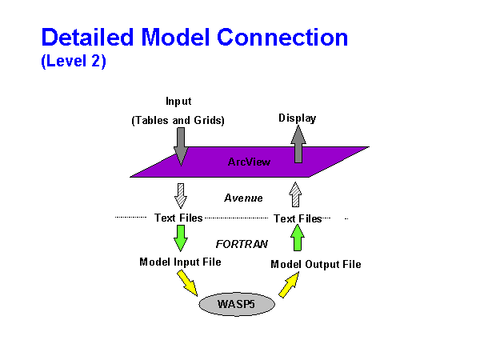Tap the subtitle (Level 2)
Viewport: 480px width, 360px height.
[x=73, y=62]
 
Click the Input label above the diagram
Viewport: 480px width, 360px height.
[x=178, y=102]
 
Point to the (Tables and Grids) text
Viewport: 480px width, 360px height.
[x=178, y=121]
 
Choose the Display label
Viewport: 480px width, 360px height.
[x=297, y=118]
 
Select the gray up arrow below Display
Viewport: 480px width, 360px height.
[x=298, y=145]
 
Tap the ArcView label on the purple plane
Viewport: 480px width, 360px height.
[x=249, y=162]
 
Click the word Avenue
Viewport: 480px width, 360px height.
[x=243, y=198]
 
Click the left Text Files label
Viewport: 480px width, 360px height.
[x=178, y=218]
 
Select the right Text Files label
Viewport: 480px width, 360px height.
[x=298, y=218]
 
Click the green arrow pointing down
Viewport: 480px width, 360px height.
[x=180, y=237]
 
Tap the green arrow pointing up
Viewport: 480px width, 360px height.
[x=298, y=238]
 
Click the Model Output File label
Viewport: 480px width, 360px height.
[x=315, y=264]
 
